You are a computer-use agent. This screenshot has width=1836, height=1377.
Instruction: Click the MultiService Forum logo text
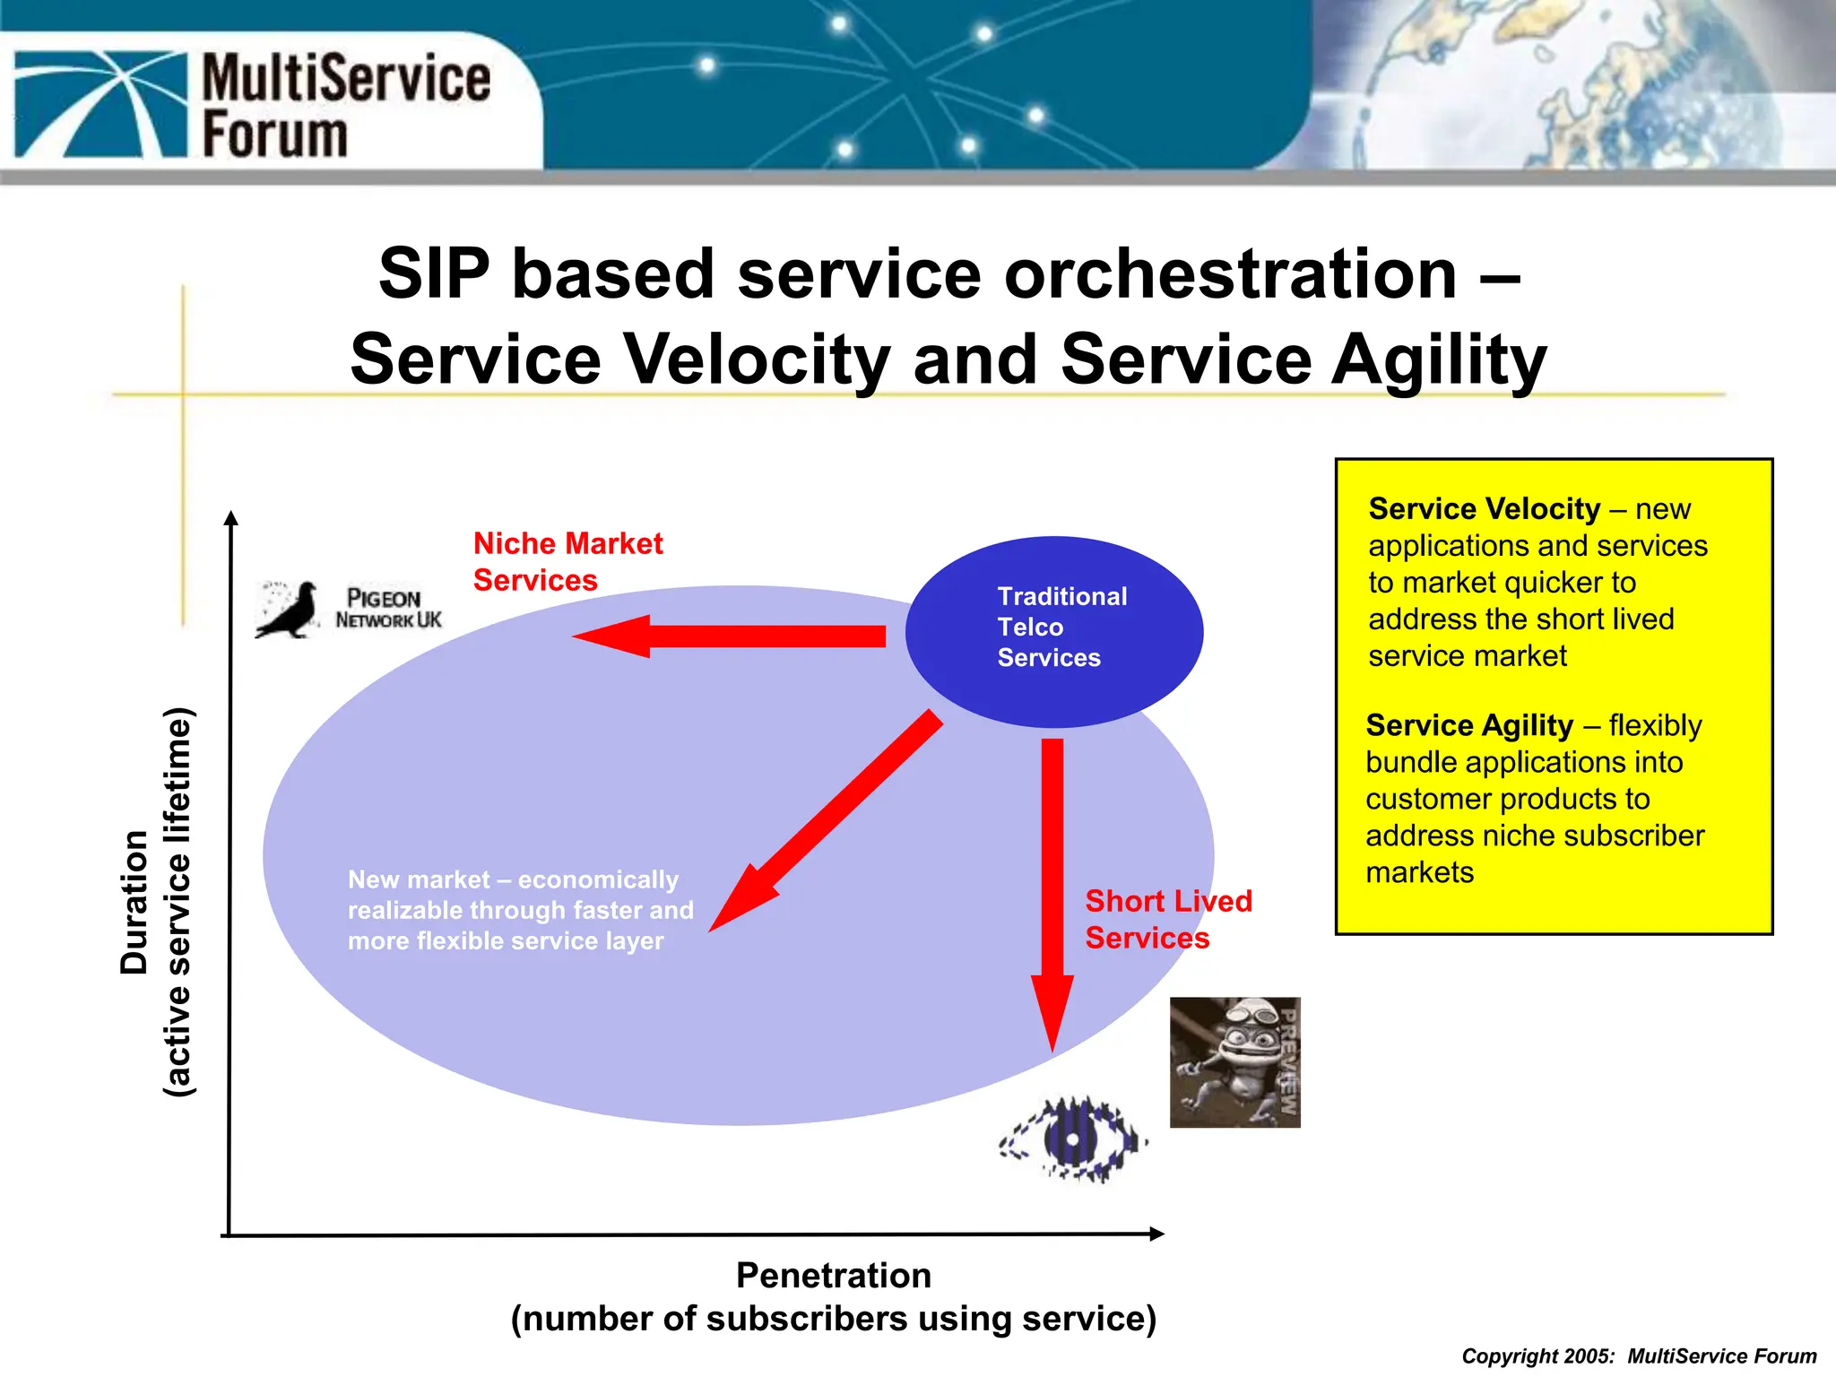(x=345, y=106)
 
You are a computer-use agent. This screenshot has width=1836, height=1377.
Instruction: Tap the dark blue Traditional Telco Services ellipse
(x=1053, y=631)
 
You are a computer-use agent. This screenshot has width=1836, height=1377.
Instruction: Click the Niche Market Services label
(x=567, y=561)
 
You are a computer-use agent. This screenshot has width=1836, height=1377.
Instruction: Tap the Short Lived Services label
(x=1167, y=919)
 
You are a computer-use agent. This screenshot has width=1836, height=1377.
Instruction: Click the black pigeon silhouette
(x=289, y=611)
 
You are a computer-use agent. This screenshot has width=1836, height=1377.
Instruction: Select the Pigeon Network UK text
(x=388, y=609)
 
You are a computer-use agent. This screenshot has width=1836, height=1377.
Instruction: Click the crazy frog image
(x=1234, y=1061)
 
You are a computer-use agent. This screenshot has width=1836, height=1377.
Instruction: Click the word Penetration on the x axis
(x=833, y=1275)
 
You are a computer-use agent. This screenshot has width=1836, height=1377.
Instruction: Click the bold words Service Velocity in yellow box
(x=1484, y=508)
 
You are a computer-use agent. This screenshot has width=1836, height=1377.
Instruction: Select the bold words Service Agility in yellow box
(x=1468, y=724)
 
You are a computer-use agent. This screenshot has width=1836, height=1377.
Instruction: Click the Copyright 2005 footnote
(x=1638, y=1355)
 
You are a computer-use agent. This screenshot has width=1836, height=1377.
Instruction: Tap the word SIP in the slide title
(x=434, y=273)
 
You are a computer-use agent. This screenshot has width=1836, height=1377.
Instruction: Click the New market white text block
(x=520, y=910)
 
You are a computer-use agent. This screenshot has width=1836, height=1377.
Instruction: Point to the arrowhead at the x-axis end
(x=1156, y=1234)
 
